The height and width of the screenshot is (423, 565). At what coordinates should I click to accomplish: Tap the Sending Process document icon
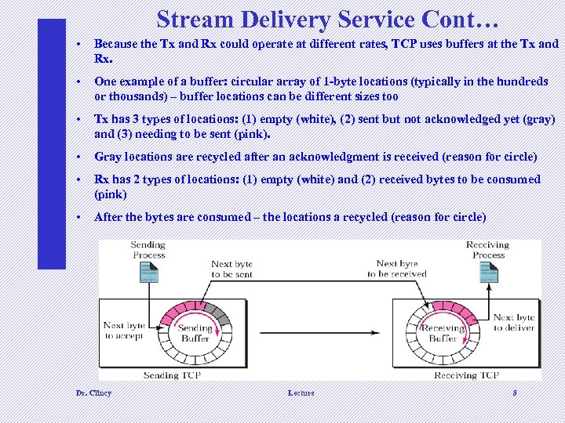148,272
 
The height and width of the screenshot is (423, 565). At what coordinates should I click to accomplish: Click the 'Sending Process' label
148,250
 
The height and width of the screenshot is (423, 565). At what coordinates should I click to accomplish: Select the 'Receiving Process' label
488,250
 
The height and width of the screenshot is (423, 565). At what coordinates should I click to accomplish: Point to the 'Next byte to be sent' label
232,269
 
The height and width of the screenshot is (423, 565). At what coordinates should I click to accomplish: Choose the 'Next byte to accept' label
124,331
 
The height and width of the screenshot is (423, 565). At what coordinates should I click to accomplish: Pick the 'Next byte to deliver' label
514,323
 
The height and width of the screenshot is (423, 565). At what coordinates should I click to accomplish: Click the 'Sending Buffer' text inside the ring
195,334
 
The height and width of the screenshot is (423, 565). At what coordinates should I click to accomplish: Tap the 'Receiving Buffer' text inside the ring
443,334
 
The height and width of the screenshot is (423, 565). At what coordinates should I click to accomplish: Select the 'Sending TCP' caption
173,375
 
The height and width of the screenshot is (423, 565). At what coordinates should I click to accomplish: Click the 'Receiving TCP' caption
467,375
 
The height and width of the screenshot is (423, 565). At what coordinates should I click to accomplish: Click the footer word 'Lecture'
301,392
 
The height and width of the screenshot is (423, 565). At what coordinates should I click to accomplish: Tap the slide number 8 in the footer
514,392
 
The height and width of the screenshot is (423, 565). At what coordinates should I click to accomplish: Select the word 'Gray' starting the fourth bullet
106,157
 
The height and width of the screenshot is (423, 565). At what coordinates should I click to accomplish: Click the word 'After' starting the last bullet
107,217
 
